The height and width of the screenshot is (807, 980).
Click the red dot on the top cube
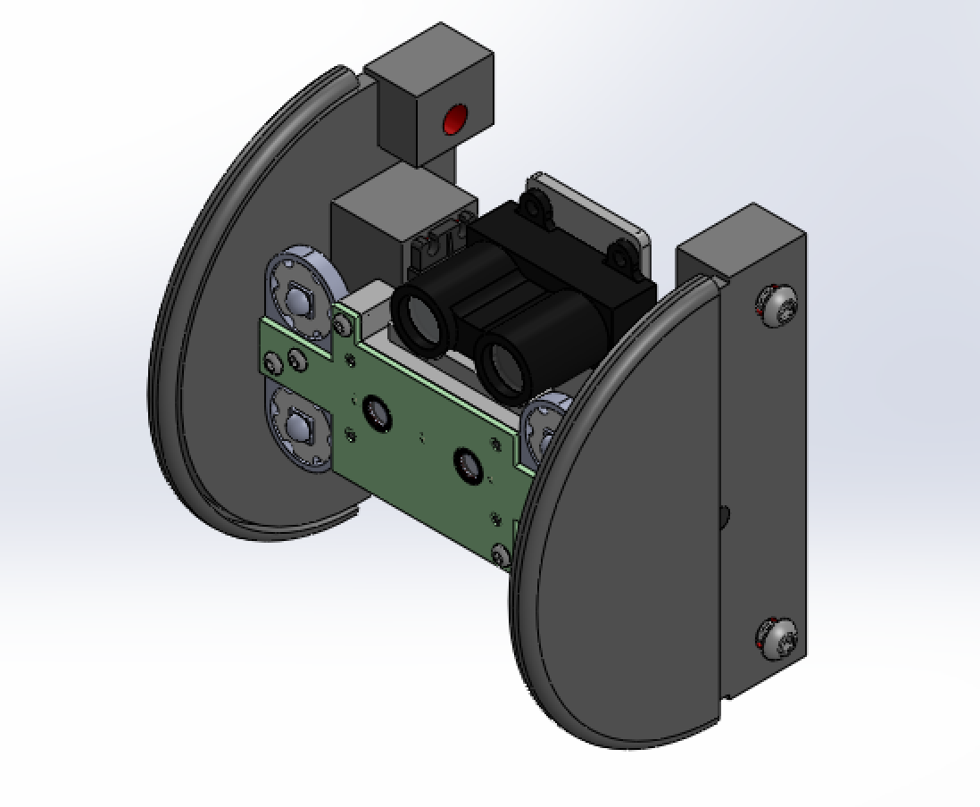tap(455, 119)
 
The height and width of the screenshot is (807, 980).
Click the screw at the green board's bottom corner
tap(501, 554)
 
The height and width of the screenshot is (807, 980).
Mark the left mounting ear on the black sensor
tap(536, 208)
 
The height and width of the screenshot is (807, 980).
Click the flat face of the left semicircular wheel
tap(232, 357)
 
